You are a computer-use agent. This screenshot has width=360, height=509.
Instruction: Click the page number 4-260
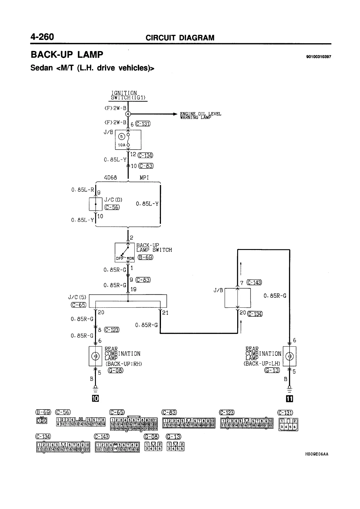42,37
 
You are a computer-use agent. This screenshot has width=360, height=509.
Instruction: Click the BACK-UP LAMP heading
67,55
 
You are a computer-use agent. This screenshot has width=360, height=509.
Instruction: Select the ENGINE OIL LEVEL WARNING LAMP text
201,115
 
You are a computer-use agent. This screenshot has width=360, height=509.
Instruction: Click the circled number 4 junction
128,114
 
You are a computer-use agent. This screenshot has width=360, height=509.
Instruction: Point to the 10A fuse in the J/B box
128,140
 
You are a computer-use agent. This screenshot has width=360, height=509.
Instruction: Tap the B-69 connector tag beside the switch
146,258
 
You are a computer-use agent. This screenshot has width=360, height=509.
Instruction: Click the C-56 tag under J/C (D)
112,207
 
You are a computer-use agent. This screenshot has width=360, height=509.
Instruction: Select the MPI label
144,178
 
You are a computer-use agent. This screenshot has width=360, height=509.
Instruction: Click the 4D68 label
110,178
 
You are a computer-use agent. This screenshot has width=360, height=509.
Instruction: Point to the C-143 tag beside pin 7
254,283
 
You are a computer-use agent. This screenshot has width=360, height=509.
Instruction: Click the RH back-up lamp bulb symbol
95,356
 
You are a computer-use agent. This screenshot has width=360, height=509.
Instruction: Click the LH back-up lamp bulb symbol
290,356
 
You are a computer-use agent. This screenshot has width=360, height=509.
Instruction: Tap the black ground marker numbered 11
290,399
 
